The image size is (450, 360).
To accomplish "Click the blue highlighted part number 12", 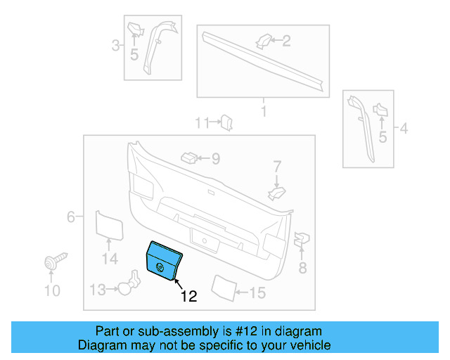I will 164,260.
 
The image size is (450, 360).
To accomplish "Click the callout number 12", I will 188,297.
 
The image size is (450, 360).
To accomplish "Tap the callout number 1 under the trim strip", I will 264,112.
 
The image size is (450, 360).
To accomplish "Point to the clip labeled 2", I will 263,41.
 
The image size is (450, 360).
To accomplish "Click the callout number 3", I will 115,46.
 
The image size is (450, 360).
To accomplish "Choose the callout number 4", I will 404,128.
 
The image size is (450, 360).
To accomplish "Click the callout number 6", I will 71,217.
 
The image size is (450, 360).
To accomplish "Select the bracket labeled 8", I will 300,240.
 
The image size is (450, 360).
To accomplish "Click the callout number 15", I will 258,292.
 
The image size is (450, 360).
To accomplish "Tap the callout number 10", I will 53,291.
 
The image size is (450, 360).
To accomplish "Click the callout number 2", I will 286,41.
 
